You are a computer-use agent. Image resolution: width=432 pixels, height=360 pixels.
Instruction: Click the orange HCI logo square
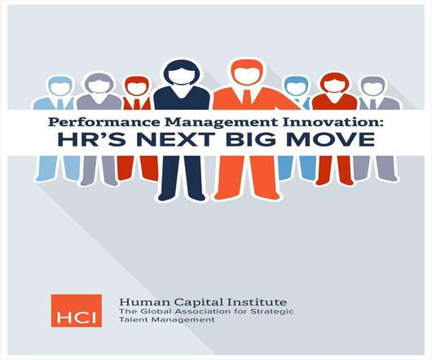pos(77,311)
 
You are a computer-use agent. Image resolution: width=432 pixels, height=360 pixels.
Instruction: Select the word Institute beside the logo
pos(256,302)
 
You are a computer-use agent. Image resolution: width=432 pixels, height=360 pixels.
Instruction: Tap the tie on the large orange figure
pos(247,96)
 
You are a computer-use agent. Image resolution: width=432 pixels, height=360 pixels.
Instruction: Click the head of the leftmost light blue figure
pos(60,86)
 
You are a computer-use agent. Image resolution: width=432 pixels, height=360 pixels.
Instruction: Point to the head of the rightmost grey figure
pos(372,86)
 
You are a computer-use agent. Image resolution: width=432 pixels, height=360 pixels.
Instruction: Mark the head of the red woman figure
pos(334,83)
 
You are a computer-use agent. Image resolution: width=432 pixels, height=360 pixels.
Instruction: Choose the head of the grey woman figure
pos(99,83)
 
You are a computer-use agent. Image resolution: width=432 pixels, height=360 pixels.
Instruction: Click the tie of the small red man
pos(137,104)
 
